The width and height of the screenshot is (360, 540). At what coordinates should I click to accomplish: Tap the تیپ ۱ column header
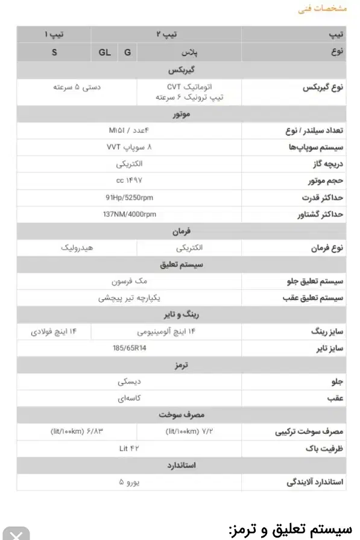(x=54, y=34)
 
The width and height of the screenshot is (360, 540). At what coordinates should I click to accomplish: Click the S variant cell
(x=54, y=52)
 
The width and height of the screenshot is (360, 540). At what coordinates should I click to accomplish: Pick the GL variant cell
(x=105, y=52)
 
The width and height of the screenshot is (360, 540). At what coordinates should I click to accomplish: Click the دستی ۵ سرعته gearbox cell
(x=77, y=87)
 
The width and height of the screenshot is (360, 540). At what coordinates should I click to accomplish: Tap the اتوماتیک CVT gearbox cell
(x=189, y=92)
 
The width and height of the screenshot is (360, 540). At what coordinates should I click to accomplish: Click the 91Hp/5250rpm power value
(x=129, y=197)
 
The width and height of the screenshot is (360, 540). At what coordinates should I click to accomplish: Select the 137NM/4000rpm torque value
(x=129, y=214)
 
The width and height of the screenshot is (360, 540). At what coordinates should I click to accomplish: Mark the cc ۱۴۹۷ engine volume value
(x=129, y=180)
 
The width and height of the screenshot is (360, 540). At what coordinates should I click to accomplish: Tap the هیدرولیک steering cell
(x=77, y=248)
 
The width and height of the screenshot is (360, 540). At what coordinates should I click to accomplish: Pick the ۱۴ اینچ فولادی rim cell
(x=55, y=331)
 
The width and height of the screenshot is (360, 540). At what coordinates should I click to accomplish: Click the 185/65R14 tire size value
(x=129, y=348)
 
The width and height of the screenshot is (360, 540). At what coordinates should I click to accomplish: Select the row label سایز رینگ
(x=326, y=332)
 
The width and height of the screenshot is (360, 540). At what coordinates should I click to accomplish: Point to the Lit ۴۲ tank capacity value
(x=129, y=448)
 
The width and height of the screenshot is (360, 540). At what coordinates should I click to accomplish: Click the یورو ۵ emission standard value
(x=129, y=482)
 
